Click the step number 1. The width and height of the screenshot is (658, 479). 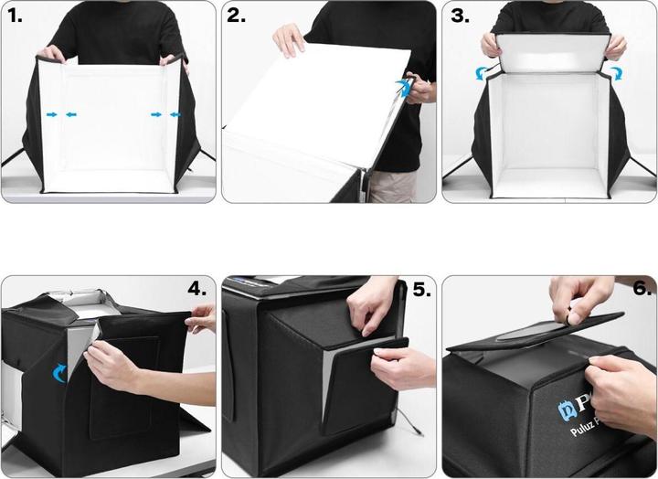(15, 16)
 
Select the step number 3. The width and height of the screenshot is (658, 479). (459, 16)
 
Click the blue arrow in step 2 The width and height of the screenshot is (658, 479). (402, 87)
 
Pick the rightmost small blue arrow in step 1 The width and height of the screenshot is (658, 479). (176, 114)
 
